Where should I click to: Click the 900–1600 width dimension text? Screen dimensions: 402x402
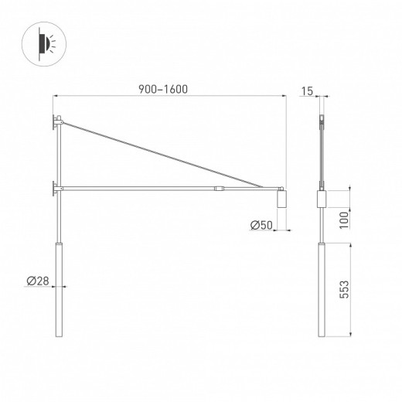168,88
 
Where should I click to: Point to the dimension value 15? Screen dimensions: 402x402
307,91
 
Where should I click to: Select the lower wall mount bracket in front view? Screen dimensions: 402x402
56,186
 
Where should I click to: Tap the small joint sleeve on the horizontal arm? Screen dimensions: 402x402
220,187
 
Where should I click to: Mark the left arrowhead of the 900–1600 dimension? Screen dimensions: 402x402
56,97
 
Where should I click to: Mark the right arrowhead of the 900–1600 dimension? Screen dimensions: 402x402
284,97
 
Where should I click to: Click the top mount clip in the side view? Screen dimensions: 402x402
322,121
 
